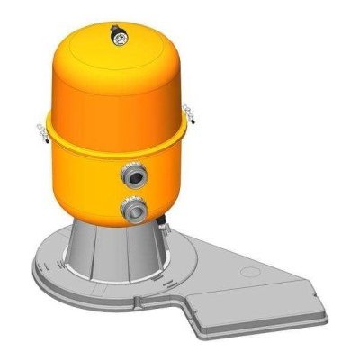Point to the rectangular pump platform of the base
coord(270,297)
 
